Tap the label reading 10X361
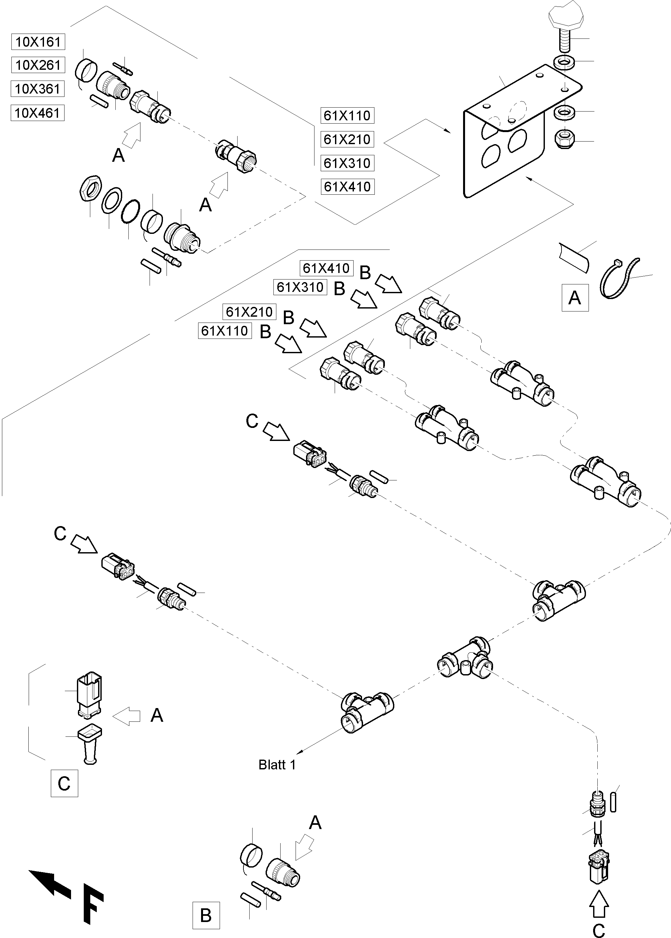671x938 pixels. (x=37, y=89)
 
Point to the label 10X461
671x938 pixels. (x=37, y=113)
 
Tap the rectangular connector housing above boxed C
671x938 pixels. (x=89, y=696)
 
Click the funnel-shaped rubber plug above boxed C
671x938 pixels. (x=90, y=744)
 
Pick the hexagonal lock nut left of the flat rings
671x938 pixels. (x=89, y=189)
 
